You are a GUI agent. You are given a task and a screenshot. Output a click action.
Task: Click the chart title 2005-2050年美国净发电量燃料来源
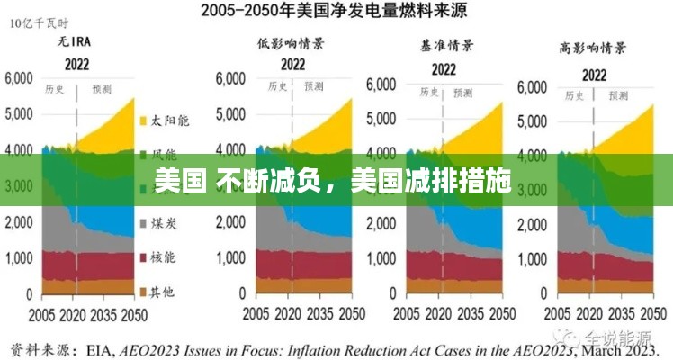(336, 13)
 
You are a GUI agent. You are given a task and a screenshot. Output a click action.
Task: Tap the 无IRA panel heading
(76, 41)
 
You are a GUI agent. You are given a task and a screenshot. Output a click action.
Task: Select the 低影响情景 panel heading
(291, 41)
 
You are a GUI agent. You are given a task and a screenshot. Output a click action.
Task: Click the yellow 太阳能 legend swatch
(141, 120)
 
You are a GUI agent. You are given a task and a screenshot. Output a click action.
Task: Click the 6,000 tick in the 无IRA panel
(21, 78)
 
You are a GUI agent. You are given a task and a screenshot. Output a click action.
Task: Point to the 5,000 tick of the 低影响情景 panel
(230, 113)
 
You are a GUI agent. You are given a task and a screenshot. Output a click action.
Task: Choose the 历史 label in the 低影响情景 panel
(275, 87)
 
